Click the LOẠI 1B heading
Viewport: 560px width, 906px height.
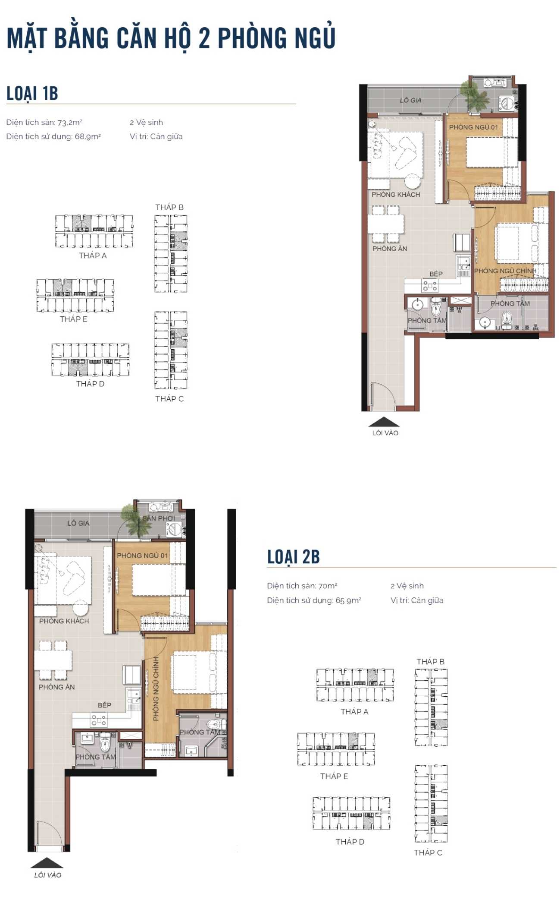pos(32,93)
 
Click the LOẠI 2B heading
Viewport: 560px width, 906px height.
pos(293,556)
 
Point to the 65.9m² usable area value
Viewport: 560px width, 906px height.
pos(348,600)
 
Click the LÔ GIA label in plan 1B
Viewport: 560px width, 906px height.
pos(410,100)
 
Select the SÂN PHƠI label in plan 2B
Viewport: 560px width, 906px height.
pos(159,518)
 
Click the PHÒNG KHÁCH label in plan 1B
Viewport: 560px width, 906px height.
pos(396,195)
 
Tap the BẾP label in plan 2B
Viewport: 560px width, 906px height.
pos(104,705)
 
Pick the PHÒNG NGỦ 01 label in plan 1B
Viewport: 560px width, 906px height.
pos(473,127)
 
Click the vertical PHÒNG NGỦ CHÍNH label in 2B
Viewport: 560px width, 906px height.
pos(156,688)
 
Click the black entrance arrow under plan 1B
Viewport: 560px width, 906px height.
pos(384,422)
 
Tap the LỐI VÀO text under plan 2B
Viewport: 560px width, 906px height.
pos(48,875)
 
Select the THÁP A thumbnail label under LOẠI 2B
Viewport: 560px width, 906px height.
pos(354,712)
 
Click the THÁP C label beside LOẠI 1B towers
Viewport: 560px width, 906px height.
pos(169,399)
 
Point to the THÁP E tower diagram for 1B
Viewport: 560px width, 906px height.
pos(75,295)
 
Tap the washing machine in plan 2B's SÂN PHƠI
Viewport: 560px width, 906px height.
pos(174,529)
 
